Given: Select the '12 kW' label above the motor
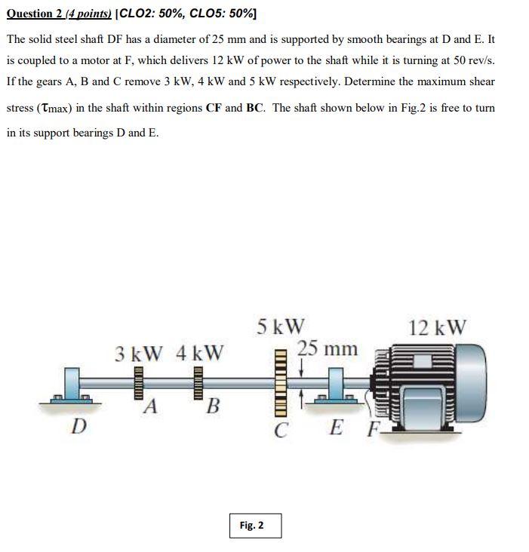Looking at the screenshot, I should [x=437, y=327].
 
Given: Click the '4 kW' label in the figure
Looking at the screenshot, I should [x=199, y=353].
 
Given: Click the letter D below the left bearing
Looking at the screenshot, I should [x=78, y=427].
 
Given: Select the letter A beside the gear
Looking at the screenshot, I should [x=152, y=407].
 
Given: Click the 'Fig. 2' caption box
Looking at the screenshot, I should [x=255, y=525].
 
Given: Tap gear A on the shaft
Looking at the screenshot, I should [x=139, y=384].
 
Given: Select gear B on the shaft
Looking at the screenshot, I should [x=199, y=384].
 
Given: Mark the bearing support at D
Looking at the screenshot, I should [x=75, y=388].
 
